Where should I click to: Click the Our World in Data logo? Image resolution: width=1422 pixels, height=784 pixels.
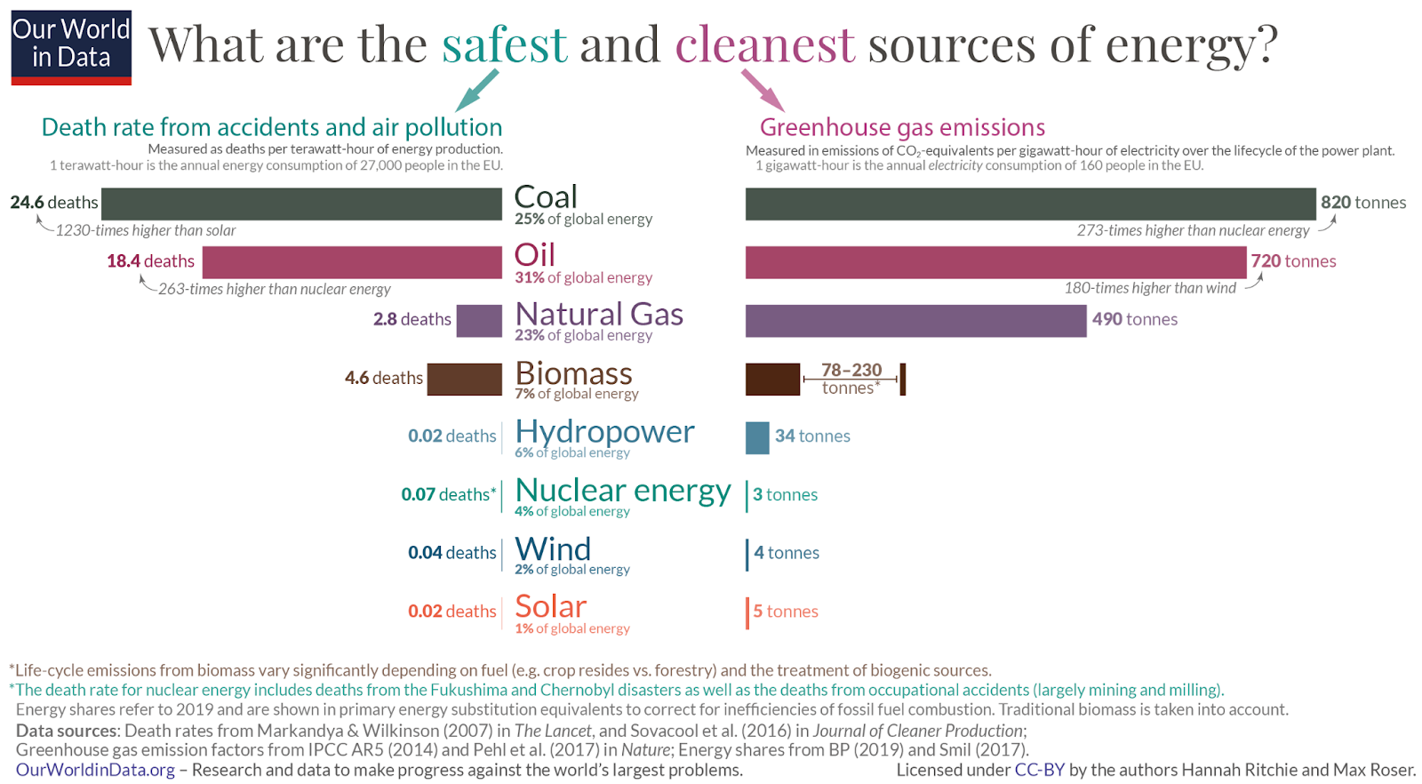71,47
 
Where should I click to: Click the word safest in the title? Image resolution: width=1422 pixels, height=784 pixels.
504,44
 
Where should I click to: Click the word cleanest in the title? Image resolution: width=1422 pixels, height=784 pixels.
764,44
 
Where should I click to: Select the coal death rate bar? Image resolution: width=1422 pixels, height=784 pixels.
301,204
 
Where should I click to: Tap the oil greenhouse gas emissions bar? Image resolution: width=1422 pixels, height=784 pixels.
995,262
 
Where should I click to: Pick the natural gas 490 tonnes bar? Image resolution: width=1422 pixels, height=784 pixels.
915,321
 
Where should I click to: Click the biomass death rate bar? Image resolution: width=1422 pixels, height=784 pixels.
464,379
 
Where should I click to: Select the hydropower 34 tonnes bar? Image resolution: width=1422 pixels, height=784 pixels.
757,437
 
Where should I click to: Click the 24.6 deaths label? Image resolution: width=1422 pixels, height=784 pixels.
53,203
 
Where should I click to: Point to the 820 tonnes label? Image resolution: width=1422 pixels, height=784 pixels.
1362,203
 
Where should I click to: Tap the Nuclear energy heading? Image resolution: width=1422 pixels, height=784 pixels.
622,491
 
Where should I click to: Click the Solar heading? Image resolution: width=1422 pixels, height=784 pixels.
550,607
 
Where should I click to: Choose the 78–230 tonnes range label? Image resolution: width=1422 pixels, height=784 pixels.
851,379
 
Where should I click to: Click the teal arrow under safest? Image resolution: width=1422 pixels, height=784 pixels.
477,90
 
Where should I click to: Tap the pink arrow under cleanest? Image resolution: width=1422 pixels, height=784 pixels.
762,90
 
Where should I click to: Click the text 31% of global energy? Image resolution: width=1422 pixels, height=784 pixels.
583,277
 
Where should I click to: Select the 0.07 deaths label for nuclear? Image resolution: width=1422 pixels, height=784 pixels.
448,494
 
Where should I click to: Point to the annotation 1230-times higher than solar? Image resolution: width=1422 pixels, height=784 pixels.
145,231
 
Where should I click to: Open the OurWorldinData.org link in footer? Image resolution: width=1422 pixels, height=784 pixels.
95,770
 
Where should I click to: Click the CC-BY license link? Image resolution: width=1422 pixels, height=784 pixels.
1039,770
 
